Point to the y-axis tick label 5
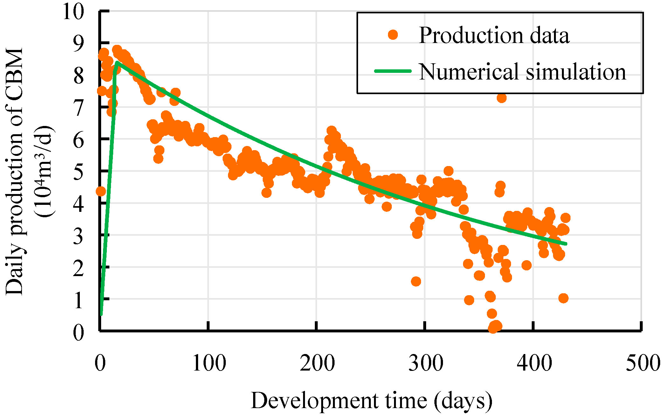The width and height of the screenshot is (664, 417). pos(79,172)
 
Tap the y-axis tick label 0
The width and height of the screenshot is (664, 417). pos(79,333)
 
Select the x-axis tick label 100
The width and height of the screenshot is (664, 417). pos(209,363)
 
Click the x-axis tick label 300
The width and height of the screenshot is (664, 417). pos(426,363)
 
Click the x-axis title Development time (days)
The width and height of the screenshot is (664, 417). pos(371,401)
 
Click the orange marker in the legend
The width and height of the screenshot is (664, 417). pos(393,34)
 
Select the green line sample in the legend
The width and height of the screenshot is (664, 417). pos(393,71)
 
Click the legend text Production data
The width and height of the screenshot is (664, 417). pos(494,35)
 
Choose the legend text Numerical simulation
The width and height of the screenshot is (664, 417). pos(522,72)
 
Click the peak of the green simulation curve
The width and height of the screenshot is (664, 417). pos(117,62)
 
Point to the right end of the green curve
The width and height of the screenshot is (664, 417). pos(566,244)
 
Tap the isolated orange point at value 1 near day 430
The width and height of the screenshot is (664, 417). pos(563,298)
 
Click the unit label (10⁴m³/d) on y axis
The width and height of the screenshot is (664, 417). pos(45,172)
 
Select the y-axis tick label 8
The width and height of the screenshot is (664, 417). pos(79,76)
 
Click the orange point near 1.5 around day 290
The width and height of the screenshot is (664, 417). pos(416,281)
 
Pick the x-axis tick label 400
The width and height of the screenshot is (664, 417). pos(534,363)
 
